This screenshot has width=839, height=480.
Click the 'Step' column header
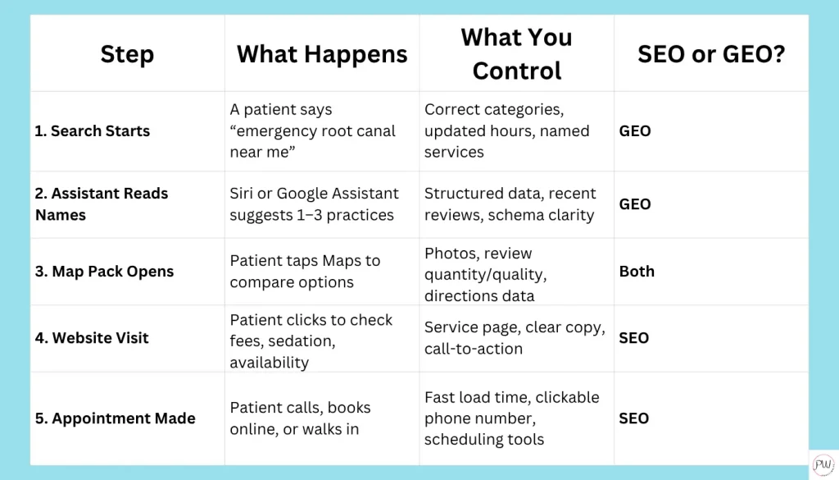tap(127, 54)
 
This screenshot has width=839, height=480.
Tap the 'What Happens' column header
tap(322, 54)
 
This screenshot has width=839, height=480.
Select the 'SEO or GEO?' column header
tap(711, 54)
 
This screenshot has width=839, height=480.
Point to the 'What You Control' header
tap(517, 54)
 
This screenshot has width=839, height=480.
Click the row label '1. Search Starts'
tap(93, 131)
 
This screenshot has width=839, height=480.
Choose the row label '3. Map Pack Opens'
tap(104, 272)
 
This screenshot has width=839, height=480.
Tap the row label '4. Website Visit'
tap(92, 338)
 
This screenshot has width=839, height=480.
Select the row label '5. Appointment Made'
tap(115, 418)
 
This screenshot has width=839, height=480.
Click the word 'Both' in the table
tap(637, 272)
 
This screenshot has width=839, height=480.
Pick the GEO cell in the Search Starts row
tap(635, 131)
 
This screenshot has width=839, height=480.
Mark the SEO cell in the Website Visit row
tap(634, 338)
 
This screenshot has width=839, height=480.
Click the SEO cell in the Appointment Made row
tap(634, 418)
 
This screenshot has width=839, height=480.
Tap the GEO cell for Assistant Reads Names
tap(635, 204)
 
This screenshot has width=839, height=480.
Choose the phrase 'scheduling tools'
tap(484, 440)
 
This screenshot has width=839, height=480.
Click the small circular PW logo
tap(823, 464)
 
